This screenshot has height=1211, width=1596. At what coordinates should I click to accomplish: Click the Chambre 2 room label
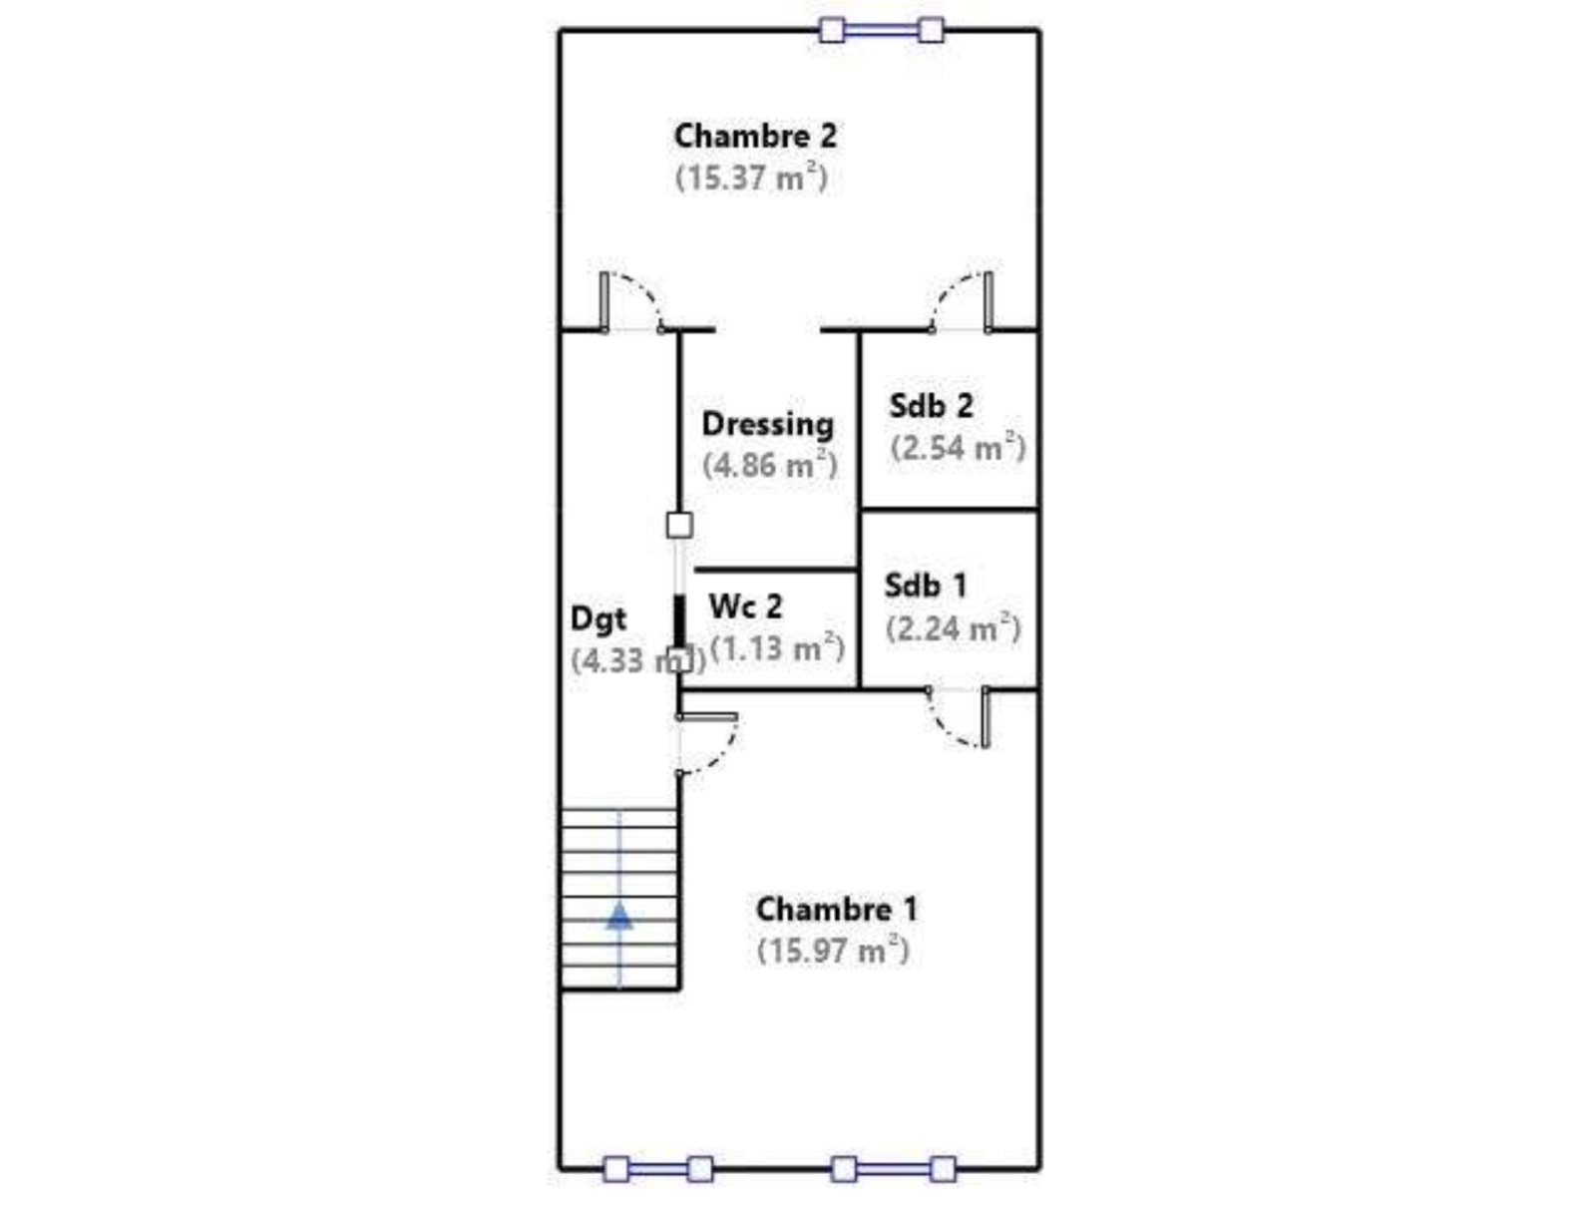755,136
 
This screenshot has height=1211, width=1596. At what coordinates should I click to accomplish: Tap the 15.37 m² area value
751,178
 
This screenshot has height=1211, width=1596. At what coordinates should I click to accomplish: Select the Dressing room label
767,425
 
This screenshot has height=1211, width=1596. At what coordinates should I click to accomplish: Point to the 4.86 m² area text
769,465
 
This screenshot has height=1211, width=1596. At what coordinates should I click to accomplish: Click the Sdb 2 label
931,406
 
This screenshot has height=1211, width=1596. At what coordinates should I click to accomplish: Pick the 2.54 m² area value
958,447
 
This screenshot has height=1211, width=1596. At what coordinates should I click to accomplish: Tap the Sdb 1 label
925,586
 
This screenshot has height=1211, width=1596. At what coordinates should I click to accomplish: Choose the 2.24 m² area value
954,628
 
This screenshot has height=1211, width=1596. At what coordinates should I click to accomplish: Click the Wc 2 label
745,606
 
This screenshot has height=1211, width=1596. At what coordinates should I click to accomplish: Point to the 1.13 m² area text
776,647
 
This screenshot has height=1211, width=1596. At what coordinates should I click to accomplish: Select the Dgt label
598,619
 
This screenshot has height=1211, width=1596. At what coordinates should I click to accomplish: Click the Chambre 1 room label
836,910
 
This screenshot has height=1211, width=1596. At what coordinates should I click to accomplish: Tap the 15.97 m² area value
833,950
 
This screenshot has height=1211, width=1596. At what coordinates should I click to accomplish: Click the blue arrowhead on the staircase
618,917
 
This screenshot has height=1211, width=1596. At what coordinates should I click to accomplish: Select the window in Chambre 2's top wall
881,31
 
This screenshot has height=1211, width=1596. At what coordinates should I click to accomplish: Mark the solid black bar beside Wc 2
679,620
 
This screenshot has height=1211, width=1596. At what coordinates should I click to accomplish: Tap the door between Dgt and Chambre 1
707,745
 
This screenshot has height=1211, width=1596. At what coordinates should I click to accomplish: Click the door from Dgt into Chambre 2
631,302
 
